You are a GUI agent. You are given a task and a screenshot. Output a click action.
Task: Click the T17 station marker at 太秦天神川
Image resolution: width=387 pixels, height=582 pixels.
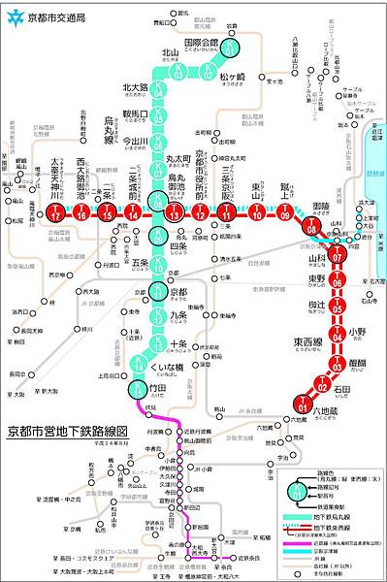point(58,211)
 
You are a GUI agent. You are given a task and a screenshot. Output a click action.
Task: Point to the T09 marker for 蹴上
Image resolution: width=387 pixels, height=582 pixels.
point(283,212)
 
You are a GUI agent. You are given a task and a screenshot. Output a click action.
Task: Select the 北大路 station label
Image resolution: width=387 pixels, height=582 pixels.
point(135,87)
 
